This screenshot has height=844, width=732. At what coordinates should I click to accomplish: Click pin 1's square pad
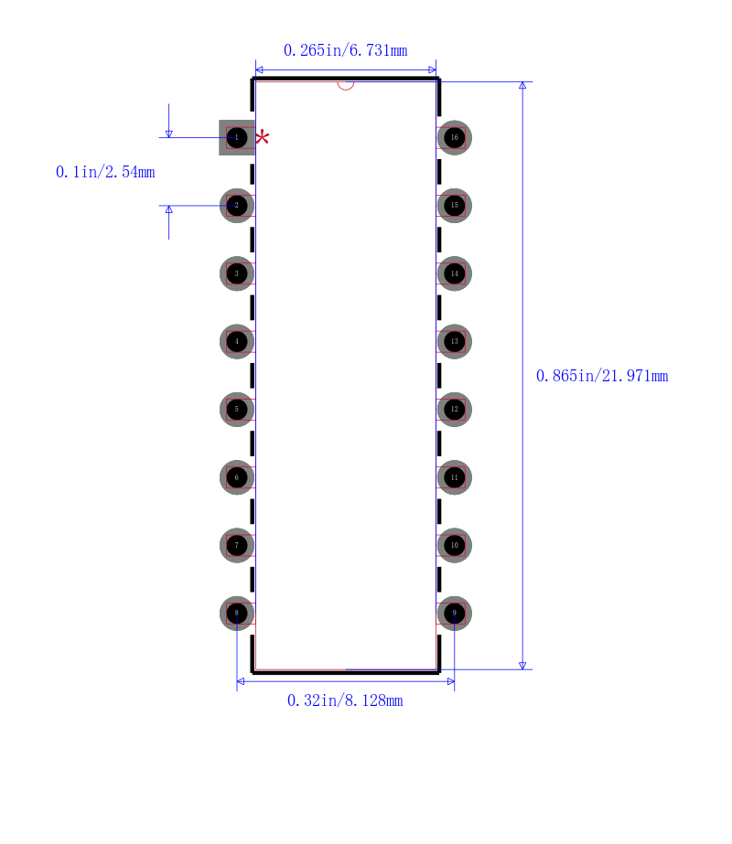[237, 138]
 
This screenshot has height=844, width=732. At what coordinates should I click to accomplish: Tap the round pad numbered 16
[454, 138]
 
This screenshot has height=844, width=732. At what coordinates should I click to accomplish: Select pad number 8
[237, 613]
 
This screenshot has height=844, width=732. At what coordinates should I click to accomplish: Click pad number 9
[454, 613]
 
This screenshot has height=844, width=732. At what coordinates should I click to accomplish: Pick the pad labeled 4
[237, 341]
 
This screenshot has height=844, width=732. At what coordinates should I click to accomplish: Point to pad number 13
[454, 341]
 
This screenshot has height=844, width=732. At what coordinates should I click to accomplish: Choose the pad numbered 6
[237, 477]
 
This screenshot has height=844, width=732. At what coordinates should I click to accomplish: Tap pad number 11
[454, 477]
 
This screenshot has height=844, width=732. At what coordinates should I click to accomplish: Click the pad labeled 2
[237, 206]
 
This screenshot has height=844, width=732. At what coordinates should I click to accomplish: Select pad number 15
[454, 206]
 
